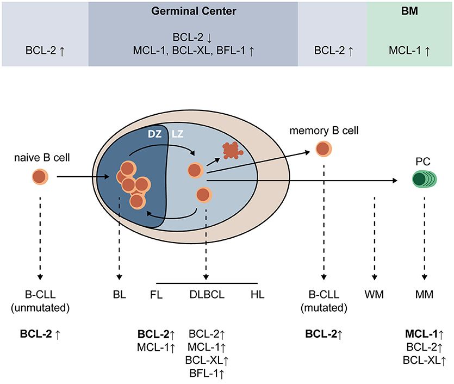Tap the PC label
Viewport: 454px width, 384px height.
[422, 162]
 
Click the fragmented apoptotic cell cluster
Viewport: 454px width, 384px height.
[231, 149]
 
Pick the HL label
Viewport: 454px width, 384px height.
[258, 295]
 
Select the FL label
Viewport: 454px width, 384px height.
[156, 295]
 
